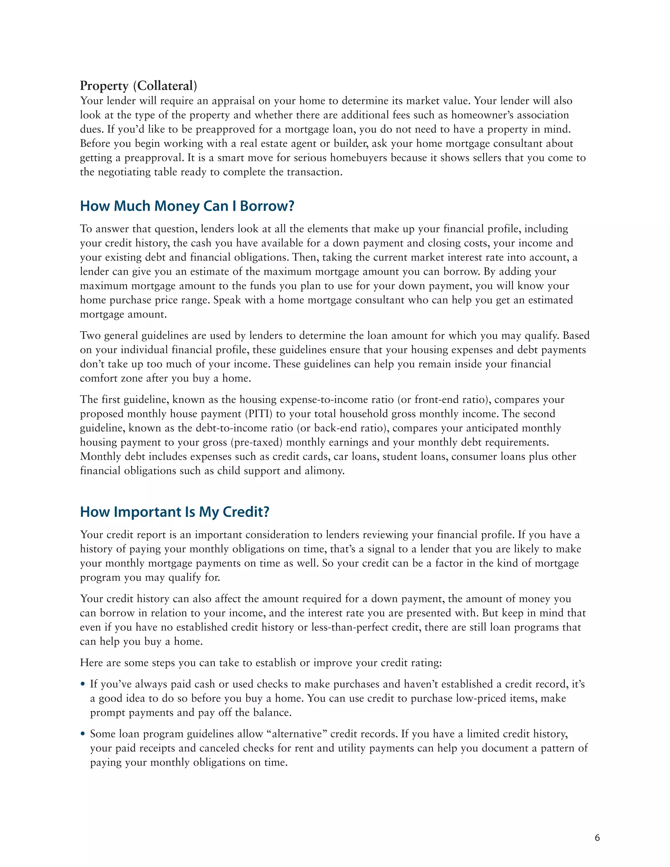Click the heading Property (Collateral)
coord(138,85)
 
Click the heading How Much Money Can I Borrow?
coord(187,206)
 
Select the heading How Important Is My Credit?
coord(175,512)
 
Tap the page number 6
coord(597,838)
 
